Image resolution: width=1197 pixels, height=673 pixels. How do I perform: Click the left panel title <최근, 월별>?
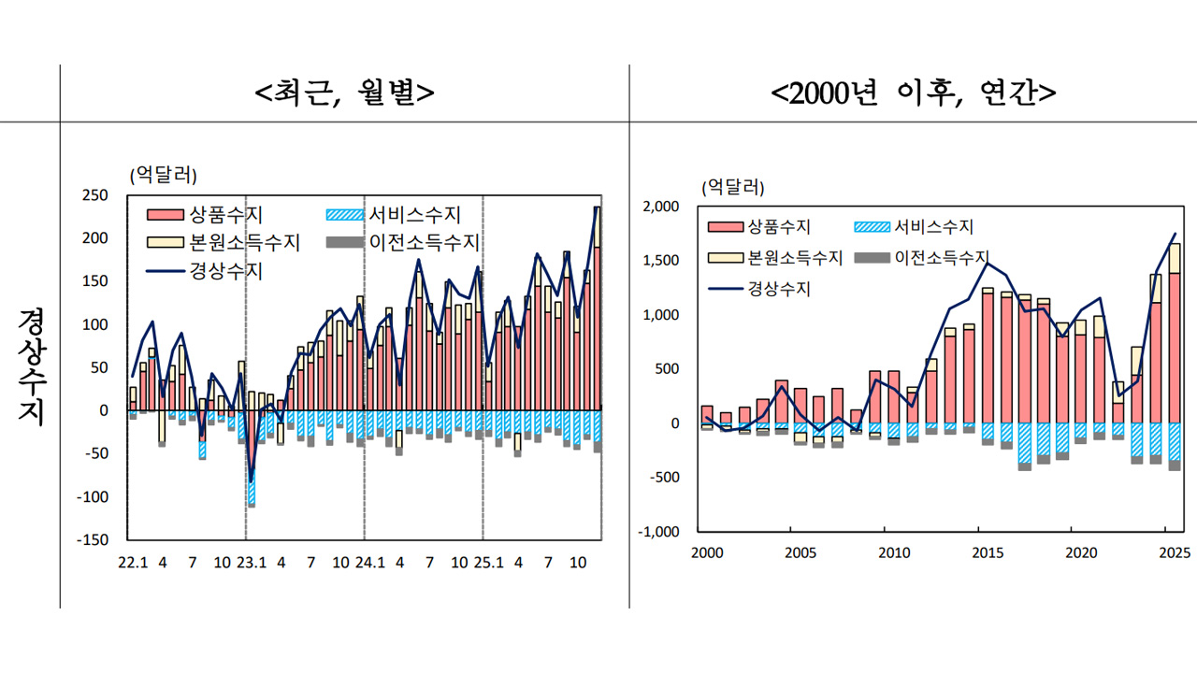(x=344, y=93)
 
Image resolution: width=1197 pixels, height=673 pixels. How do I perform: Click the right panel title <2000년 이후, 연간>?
(x=914, y=93)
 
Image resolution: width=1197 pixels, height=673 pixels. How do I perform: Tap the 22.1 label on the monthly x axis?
(x=131, y=564)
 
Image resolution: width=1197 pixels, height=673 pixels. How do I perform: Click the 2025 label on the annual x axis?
(x=1174, y=552)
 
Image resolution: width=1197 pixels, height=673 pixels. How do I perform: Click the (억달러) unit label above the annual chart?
(x=735, y=186)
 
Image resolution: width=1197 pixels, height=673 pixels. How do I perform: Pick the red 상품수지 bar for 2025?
(x=1175, y=348)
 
